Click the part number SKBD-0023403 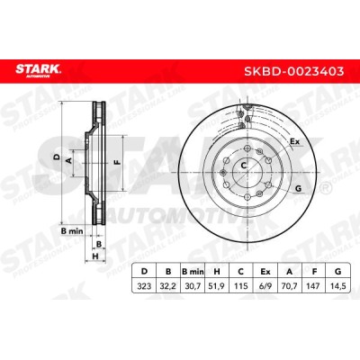293,71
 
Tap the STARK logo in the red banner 38,71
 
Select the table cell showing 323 144,285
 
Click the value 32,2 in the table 168,285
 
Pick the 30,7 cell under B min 193,285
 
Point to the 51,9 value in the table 217,285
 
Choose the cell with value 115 240,285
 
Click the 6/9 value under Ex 265,285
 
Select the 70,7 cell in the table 290,285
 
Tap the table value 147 314,285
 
